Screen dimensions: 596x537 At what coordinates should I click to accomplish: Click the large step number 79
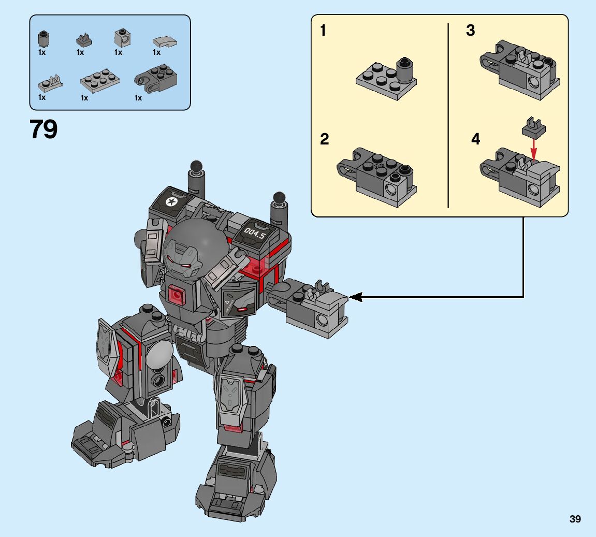(x=43, y=129)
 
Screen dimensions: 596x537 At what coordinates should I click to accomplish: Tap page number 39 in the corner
(x=575, y=519)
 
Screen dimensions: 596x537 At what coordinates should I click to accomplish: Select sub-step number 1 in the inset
(x=323, y=31)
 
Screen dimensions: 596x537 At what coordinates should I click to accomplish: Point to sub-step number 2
(x=324, y=139)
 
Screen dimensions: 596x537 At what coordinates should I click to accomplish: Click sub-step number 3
(x=471, y=31)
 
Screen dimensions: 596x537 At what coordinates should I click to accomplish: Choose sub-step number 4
(x=475, y=139)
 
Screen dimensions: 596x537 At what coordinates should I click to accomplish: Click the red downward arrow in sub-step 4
(x=534, y=149)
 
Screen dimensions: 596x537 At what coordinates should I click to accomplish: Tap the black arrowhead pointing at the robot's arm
(x=356, y=297)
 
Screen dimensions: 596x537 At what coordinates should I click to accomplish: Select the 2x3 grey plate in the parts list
(x=99, y=81)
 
